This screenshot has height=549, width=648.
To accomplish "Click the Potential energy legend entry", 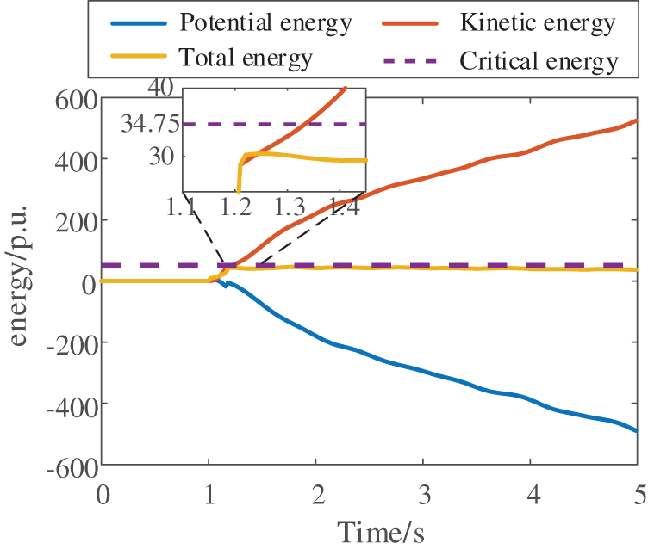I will tap(264, 23).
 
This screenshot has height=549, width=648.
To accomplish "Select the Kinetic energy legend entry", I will tap(538, 23).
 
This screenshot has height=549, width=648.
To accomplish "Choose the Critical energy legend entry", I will tap(539, 60).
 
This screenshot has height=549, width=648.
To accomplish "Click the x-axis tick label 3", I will tap(423, 494).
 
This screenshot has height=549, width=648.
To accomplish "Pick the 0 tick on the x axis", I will tap(103, 494).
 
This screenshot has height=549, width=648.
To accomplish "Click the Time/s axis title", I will tap(371, 530).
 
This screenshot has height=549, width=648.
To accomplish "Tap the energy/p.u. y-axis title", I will tap(19, 281).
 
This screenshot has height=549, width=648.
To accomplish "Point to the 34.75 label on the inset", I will tap(146, 124).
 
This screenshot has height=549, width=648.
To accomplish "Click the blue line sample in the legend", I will tap(141, 23).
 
